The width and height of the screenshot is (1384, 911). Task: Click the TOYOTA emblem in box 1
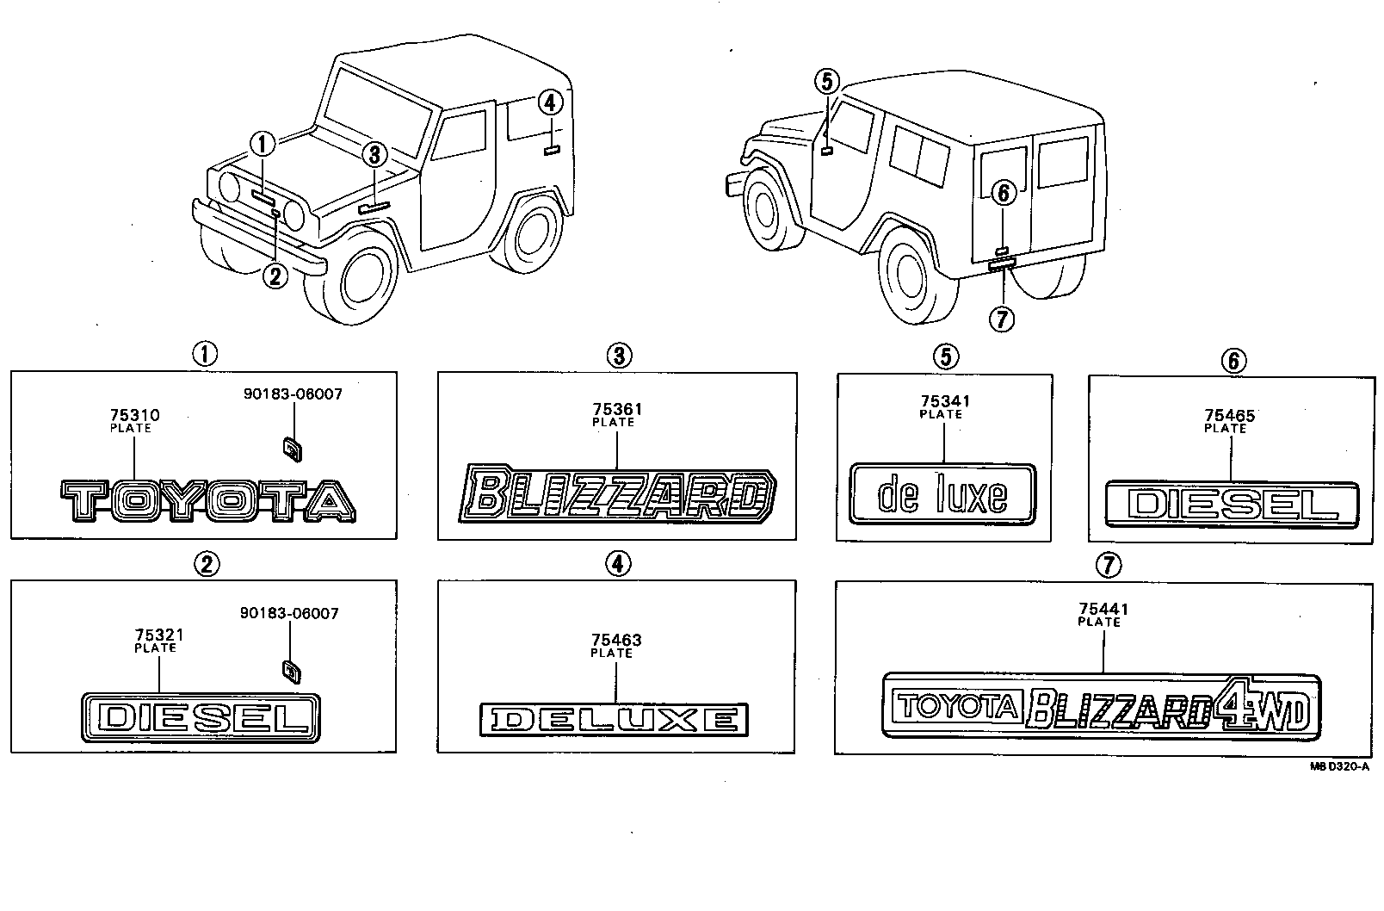207,501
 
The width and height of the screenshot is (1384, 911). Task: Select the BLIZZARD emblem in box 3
617,494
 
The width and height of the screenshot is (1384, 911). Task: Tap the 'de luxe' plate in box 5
942,493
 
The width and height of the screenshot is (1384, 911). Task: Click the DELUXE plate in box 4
614,719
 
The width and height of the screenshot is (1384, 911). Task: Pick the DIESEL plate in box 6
1232,505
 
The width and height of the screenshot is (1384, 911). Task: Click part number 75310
135,416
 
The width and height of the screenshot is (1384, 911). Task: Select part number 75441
1103,610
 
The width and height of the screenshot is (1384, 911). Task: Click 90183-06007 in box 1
293,394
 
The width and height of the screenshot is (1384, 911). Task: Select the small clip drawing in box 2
292,670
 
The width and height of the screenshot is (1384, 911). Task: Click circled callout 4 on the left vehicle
550,102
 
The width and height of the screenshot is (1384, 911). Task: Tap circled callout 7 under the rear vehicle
1002,319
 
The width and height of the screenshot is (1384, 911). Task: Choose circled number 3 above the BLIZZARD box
618,356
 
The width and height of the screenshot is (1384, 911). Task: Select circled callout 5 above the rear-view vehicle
825,82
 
